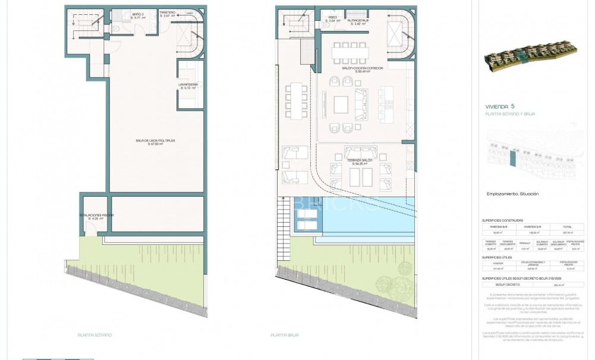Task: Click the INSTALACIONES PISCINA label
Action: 96,216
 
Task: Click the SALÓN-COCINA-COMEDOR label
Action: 362,69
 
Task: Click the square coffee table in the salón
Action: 342,105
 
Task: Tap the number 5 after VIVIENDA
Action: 512,107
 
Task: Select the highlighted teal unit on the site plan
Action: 512,159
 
